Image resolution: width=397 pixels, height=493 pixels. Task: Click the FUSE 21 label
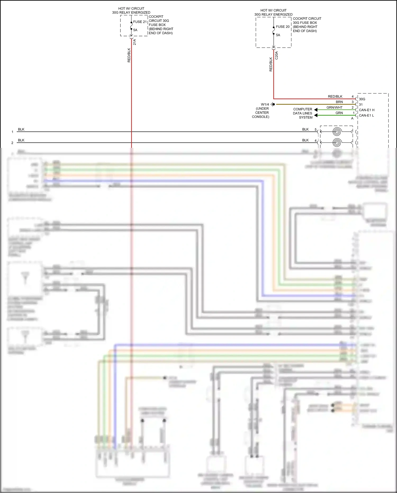point(140,22)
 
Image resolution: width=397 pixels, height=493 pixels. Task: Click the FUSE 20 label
point(282,26)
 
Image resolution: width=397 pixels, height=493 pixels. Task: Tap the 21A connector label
point(134,42)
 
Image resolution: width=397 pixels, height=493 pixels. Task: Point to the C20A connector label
point(277,55)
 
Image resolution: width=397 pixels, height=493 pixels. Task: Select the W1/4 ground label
point(265,104)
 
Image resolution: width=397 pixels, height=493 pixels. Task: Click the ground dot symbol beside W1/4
point(274,104)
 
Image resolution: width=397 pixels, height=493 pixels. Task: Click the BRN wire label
point(339,102)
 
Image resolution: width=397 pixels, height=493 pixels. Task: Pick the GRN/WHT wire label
point(334,107)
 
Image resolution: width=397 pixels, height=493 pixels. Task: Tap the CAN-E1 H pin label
point(367,110)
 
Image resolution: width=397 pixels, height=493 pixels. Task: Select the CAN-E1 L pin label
point(366,116)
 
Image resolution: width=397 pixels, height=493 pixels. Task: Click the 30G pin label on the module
point(362,99)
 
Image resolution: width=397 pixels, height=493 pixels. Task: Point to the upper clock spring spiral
point(337,132)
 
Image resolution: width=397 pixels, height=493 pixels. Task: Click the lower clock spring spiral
point(337,143)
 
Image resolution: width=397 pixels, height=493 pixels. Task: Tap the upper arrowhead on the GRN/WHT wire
point(316,110)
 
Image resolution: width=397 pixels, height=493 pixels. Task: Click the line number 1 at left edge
point(12,132)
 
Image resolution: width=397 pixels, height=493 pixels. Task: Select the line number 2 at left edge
point(12,143)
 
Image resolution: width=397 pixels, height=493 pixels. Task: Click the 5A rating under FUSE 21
point(135,30)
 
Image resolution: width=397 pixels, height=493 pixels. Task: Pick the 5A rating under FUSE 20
point(278,35)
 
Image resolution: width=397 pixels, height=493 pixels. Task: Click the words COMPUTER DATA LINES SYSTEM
point(303,113)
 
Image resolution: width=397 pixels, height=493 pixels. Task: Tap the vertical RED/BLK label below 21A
point(129,55)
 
